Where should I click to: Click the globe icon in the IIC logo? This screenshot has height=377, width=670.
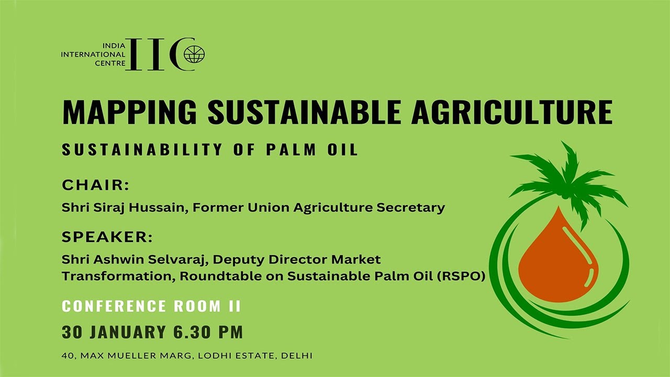pyautogui.click(x=194, y=54)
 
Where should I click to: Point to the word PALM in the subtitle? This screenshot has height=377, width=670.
pyautogui.click(x=291, y=149)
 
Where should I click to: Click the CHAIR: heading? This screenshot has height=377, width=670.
pyautogui.click(x=95, y=185)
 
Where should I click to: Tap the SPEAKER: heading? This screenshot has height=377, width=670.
pyautogui.click(x=107, y=237)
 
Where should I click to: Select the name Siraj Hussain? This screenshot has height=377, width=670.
pyautogui.click(x=140, y=208)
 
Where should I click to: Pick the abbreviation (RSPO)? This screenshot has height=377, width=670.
pyautogui.click(x=461, y=276)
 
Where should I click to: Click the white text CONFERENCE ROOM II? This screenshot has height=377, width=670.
pyautogui.click(x=151, y=306)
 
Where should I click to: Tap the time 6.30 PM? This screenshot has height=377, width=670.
pyautogui.click(x=208, y=332)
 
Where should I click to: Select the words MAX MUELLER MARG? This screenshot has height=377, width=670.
pyautogui.click(x=136, y=356)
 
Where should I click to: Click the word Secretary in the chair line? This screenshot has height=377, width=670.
pyautogui.click(x=410, y=208)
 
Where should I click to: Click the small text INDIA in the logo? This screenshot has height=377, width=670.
pyautogui.click(x=114, y=46)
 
